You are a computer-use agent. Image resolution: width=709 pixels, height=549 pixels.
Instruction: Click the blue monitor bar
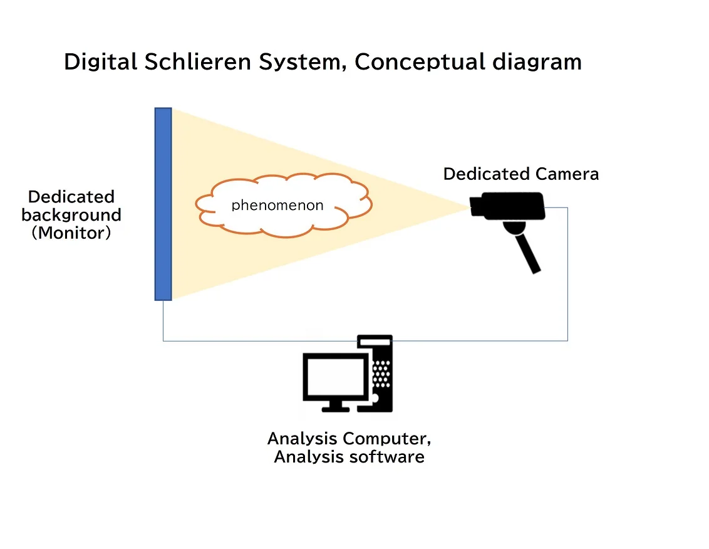coord(163,204)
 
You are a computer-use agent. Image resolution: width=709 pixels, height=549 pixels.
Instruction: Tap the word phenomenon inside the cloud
coord(277,205)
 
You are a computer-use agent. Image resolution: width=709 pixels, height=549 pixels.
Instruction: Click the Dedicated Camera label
coord(520,174)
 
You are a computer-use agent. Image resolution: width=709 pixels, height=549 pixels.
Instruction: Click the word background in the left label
coord(71,215)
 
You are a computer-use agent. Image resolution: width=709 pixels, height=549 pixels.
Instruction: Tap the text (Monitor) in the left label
coord(71,234)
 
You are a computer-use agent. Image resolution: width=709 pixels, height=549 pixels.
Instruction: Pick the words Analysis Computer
coord(349,437)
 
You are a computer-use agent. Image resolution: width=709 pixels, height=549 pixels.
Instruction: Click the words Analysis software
coord(349,456)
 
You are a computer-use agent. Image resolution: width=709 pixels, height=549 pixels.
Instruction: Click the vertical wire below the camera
coord(567,276)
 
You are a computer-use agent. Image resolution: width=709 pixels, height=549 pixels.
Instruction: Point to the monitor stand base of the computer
coord(336,408)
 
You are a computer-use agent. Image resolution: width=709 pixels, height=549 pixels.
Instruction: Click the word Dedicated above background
coord(71,196)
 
